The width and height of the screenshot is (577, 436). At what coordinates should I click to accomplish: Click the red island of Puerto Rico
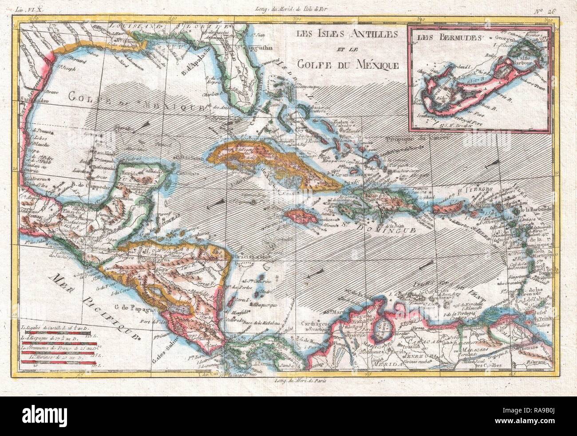(445, 207)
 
